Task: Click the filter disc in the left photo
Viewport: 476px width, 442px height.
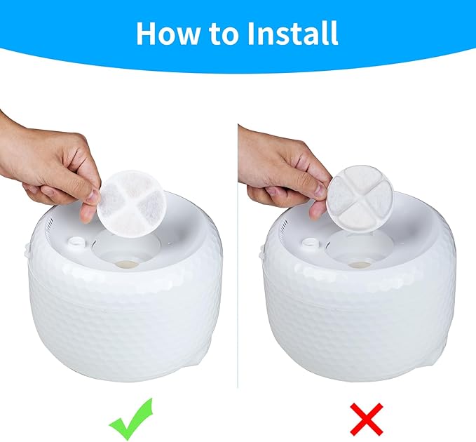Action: [x=134, y=199]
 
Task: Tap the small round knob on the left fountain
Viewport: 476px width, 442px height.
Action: [x=76, y=242]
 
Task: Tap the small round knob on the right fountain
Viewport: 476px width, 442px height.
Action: [x=310, y=243]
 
